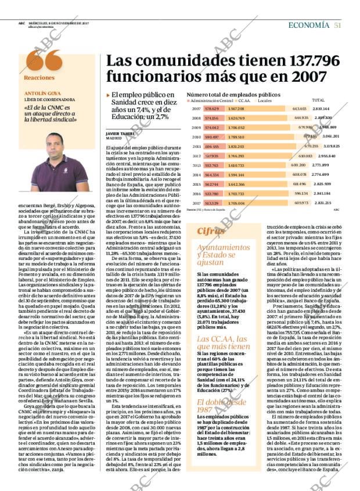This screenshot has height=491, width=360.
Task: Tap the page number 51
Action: (337, 25)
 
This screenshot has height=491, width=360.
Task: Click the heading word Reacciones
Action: (39, 78)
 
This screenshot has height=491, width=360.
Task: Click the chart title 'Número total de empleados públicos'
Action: (233, 94)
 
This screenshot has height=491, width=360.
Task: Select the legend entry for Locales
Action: (264, 100)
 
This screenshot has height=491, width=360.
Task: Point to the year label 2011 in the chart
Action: (196, 146)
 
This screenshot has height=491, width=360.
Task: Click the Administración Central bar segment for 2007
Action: (212, 109)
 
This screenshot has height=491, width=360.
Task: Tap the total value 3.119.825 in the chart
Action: (332, 146)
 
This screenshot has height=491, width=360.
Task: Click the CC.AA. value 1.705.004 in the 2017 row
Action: (236, 203)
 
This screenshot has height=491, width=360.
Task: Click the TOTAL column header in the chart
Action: (318, 100)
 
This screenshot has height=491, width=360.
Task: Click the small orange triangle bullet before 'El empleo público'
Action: (108, 95)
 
